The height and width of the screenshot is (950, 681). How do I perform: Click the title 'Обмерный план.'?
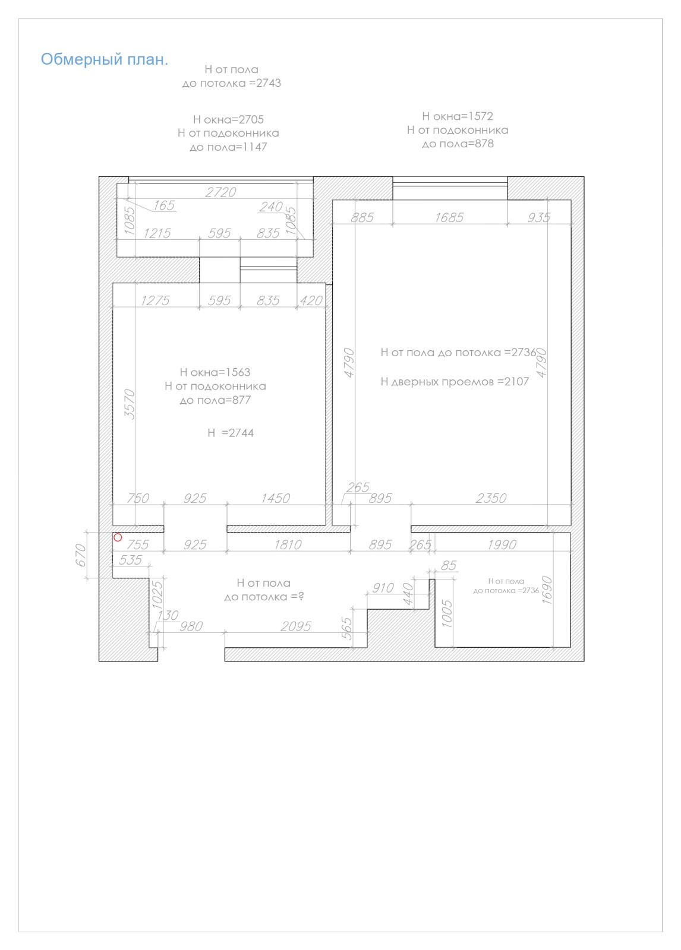click(x=105, y=59)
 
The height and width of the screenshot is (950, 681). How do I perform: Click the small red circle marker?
click(x=118, y=537)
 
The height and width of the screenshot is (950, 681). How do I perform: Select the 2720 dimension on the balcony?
click(x=220, y=192)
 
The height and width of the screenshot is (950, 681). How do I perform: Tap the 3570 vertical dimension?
click(x=130, y=404)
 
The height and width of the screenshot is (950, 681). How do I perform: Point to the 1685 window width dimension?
click(x=449, y=217)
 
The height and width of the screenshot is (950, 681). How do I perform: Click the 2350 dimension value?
click(x=491, y=498)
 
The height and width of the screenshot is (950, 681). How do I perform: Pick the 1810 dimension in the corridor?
click(x=288, y=544)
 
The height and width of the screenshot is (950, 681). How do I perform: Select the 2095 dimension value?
click(x=296, y=626)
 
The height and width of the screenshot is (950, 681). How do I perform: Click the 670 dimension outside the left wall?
click(x=81, y=555)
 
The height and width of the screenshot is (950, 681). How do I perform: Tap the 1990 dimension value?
click(x=502, y=544)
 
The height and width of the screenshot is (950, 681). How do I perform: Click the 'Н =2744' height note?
click(x=231, y=433)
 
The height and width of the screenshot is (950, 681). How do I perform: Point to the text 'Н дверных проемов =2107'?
click(x=455, y=381)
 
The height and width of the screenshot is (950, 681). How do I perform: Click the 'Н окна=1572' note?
click(x=457, y=116)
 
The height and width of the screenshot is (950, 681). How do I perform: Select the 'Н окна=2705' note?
click(x=228, y=119)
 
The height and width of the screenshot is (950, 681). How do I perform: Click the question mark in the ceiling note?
click(x=301, y=596)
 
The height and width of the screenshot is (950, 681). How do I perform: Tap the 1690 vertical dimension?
click(x=547, y=590)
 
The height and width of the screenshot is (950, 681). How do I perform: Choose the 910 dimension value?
click(x=383, y=588)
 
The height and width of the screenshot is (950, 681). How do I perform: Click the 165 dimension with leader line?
click(x=164, y=205)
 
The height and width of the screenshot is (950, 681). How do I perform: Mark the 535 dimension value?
click(x=130, y=560)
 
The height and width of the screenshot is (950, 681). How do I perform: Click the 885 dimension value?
click(x=362, y=217)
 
